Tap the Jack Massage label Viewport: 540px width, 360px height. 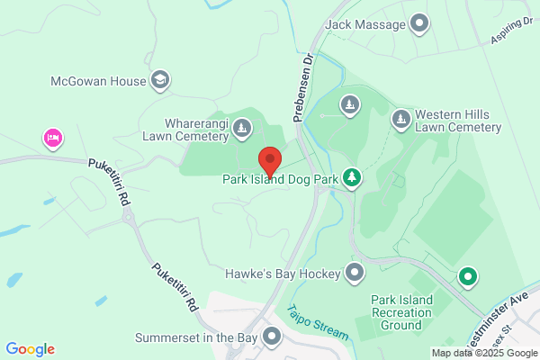click(x=366, y=23)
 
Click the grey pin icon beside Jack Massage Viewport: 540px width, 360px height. click(x=419, y=23)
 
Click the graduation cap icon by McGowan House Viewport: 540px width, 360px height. click(x=160, y=81)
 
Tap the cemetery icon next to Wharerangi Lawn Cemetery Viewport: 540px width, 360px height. click(x=242, y=130)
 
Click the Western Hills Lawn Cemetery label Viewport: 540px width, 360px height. click(x=457, y=121)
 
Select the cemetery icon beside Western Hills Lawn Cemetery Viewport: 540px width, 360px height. click(x=400, y=119)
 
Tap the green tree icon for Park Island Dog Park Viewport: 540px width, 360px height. click(x=355, y=178)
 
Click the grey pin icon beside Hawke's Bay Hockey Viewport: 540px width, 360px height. click(x=355, y=272)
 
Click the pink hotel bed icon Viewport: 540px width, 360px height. click(x=53, y=138)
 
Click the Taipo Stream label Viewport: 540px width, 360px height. click(x=316, y=323)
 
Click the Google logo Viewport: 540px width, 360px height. click(x=30, y=348)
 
